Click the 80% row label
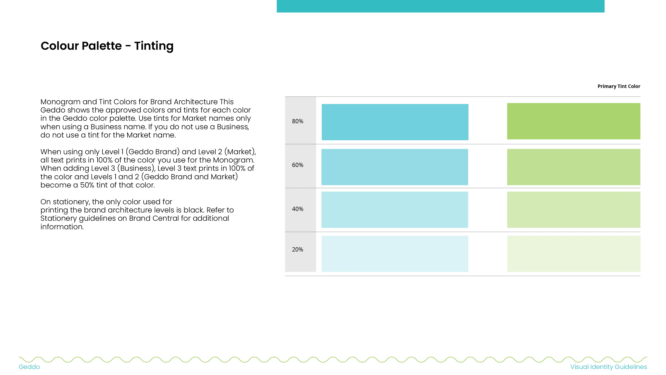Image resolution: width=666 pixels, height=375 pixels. (297, 121)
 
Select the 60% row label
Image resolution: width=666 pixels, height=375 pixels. (297, 165)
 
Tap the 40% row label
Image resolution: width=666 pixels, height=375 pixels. (297, 209)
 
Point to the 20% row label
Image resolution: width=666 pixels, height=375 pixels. (297, 249)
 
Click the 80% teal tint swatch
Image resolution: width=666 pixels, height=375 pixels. (395, 122)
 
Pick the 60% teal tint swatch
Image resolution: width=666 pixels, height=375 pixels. (395, 167)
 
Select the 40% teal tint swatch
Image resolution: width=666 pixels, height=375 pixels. (395, 210)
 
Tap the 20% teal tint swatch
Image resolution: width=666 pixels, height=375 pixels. (395, 253)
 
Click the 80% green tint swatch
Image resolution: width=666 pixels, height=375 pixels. (573, 121)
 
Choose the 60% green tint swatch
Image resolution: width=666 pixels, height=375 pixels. (573, 167)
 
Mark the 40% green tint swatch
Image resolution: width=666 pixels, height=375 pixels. (573, 210)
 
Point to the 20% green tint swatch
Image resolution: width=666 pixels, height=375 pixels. (574, 253)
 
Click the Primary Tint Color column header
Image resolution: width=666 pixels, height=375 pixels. (619, 86)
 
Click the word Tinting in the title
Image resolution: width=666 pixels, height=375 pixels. (154, 46)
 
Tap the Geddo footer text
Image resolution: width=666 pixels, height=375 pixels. (29, 367)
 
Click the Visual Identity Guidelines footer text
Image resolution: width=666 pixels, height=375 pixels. (609, 367)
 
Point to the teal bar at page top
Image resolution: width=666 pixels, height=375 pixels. (441, 6)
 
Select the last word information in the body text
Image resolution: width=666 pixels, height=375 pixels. (62, 227)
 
